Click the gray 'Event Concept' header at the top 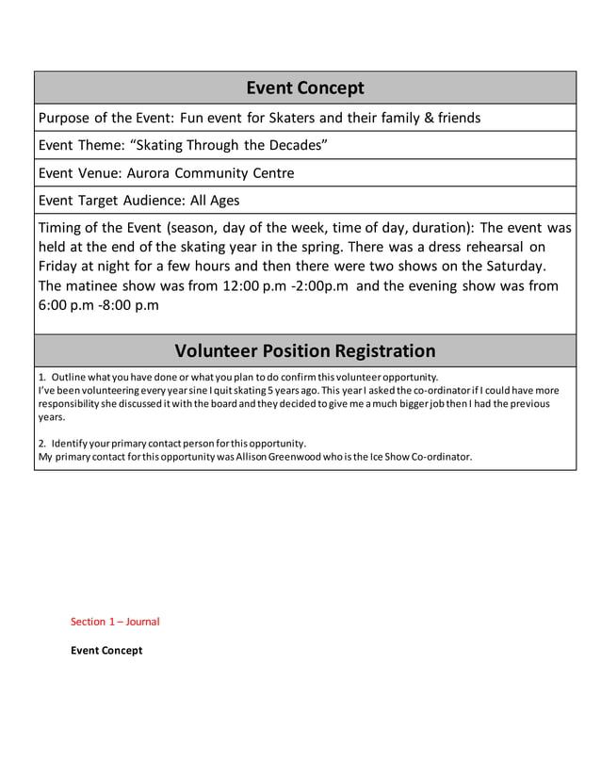(304, 89)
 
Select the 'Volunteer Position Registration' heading (304, 351)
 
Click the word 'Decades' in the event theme (297, 146)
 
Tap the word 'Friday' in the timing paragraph (60, 267)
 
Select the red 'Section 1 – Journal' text (115, 622)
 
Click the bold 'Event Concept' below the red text (106, 651)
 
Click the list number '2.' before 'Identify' (42, 443)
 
